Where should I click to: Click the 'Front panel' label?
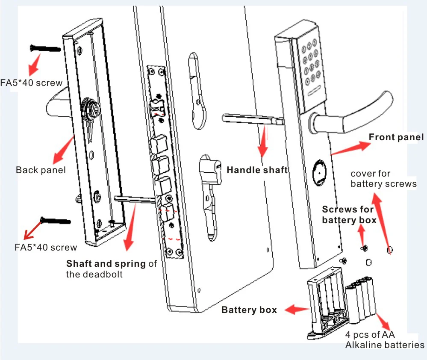pyautogui.click(x=396, y=137)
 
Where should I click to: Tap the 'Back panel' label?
pyautogui.click(x=41, y=170)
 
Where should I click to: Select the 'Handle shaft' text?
pyautogui.click(x=257, y=170)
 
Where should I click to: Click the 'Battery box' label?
pyautogui.click(x=249, y=310)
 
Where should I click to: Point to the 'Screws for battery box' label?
pyautogui.click(x=349, y=215)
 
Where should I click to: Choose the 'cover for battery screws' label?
pyautogui.click(x=383, y=179)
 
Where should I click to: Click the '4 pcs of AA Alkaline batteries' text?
pyautogui.click(x=385, y=339)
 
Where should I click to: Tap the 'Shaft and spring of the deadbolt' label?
pyautogui.click(x=112, y=269)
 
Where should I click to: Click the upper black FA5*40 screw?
pyautogui.click(x=45, y=48)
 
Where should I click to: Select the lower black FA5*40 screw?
pyautogui.click(x=55, y=220)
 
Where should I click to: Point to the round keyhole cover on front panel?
pyautogui.click(x=319, y=173)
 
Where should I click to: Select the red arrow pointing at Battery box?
pyautogui.click(x=297, y=310)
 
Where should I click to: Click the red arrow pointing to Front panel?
pyautogui.click(x=351, y=148)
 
